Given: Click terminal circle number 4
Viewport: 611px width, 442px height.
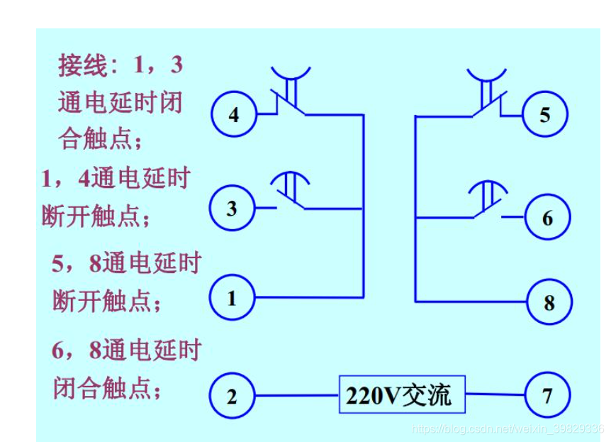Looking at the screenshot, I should pos(234,114).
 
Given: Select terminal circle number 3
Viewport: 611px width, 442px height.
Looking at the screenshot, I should pos(232,209).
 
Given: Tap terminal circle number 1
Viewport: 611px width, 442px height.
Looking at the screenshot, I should pos(232,298).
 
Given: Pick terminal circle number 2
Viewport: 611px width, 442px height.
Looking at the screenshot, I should pos(232,396).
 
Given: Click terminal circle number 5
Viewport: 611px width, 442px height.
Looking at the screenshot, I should pos(544,114).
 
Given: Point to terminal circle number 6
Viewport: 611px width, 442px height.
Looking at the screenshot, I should pos(547,218).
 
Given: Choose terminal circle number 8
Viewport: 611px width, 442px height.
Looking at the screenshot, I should pos(549,302).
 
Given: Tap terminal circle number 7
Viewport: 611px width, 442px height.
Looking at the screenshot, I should pos(547,395).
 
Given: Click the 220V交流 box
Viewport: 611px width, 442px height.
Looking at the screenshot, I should pos(402,394).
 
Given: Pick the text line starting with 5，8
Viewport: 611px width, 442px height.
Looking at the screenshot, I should pos(125,264).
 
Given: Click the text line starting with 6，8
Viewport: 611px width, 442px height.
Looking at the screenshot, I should pos(126,351).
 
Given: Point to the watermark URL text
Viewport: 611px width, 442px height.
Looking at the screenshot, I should pos(508,429).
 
